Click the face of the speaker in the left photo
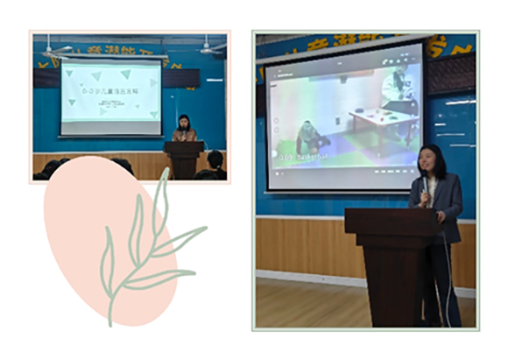pyautogui.click(x=185, y=123)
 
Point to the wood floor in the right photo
pyautogui.click(x=298, y=302)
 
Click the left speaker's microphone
pyautogui.click(x=181, y=131)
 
